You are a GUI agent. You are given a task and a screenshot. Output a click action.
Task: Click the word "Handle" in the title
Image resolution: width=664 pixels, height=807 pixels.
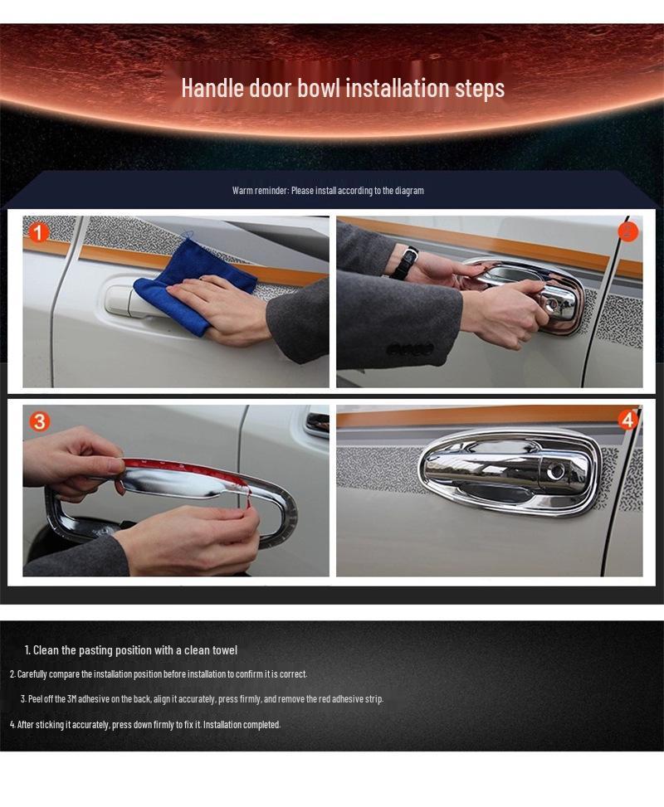(x=212, y=87)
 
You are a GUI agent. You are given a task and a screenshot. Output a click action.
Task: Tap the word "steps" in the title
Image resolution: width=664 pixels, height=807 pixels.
(x=479, y=89)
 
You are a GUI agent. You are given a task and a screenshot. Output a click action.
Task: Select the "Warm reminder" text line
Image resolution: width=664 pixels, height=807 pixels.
(x=328, y=191)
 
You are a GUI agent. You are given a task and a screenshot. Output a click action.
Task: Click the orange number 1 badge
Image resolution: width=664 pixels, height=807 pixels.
(x=37, y=232)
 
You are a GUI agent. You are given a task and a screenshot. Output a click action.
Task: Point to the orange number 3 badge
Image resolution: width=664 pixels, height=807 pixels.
(x=39, y=421)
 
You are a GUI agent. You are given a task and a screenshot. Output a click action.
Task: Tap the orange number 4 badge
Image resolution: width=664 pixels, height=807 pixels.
(x=627, y=421)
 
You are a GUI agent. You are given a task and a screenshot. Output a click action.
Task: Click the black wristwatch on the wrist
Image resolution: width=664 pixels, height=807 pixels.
(x=404, y=262)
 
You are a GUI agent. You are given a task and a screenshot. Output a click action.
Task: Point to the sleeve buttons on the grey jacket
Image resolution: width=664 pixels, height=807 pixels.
(x=410, y=350)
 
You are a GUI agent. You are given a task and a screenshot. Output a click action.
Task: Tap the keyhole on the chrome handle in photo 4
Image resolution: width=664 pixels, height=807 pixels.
(x=555, y=471)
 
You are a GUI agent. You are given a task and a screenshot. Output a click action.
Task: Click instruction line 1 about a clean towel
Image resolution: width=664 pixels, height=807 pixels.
(x=131, y=650)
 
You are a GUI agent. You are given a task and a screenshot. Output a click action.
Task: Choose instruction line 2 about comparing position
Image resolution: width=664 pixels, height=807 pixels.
(x=159, y=674)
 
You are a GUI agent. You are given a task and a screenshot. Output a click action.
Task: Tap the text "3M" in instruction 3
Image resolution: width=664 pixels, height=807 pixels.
(x=71, y=699)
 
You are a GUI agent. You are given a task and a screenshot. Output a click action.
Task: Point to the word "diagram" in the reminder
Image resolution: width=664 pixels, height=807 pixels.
(x=409, y=191)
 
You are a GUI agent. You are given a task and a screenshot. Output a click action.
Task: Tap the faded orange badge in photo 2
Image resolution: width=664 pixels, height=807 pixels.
(x=627, y=231)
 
